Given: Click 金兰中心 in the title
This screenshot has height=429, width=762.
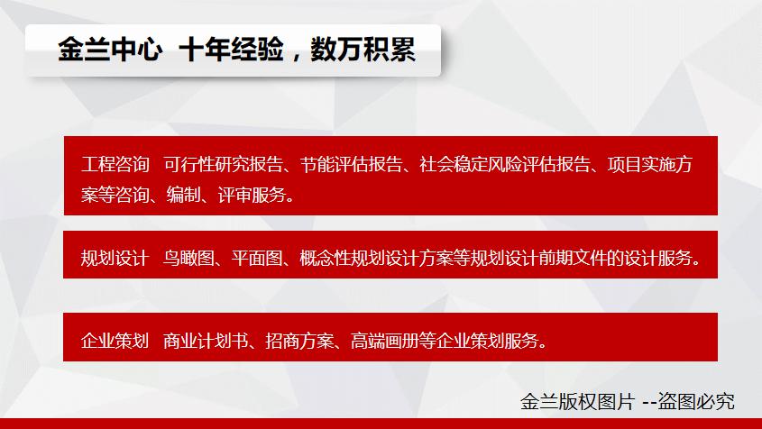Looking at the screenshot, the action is pos(110,50).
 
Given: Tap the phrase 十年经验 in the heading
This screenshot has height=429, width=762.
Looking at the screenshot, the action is pos(232,50).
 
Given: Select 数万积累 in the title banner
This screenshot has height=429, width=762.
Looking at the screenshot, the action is pos(363,50).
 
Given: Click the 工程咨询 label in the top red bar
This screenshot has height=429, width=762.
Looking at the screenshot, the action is pos(115,165).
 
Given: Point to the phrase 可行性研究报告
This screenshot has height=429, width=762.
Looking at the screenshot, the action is pos(223,165).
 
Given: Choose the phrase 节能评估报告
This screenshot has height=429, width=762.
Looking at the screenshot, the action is pos(352,165).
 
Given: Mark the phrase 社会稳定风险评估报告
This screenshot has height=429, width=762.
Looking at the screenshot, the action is pos(505,165).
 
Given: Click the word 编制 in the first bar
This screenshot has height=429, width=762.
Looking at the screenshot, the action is pos(183,195).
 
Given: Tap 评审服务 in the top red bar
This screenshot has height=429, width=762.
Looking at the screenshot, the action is pos(252,195).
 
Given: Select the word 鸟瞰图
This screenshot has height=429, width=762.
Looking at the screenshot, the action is pos(188,258).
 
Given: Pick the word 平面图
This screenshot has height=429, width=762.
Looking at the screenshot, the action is pos(257,258).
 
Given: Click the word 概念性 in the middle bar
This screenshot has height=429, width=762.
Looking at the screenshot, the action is pos(326,258).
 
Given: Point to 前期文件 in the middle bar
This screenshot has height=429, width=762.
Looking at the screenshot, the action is pos(572,258).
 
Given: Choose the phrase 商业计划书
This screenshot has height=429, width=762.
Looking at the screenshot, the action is pos(206,340).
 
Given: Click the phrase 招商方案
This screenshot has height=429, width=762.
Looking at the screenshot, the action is pos(300,340).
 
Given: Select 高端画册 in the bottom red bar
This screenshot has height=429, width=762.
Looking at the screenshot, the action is pos(385,340).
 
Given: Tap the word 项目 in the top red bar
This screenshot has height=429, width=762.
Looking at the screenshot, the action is pos(624,165).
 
